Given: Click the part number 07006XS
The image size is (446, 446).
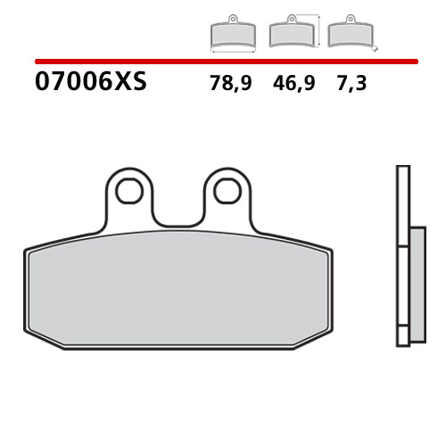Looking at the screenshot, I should [x=90, y=84].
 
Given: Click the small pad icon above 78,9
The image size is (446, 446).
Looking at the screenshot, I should [x=232, y=34].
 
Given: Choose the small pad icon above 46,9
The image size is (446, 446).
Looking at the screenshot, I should [x=290, y=34].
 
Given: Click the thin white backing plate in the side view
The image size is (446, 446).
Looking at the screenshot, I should [x=402, y=254].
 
